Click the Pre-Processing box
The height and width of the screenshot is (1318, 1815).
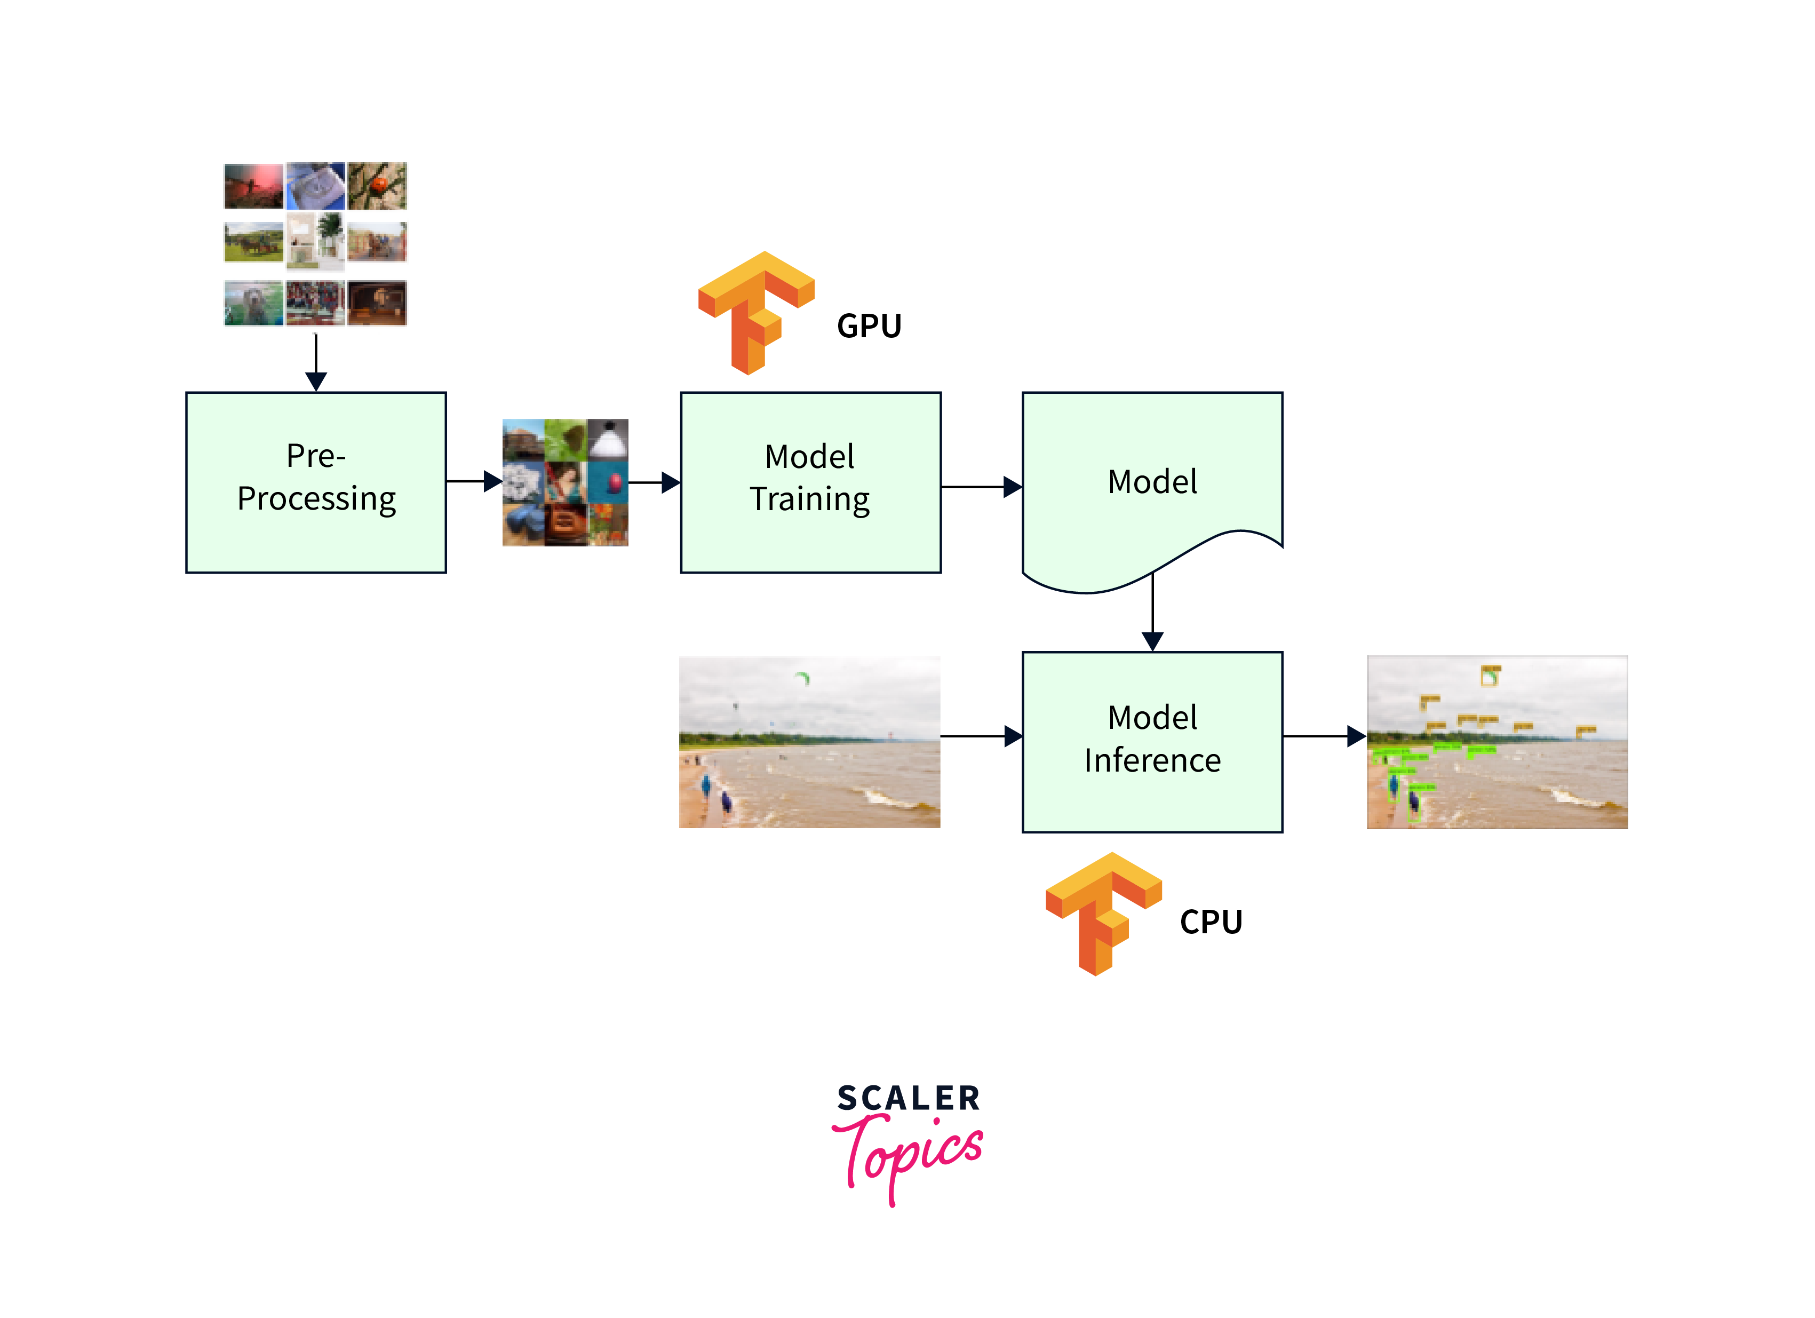click(316, 482)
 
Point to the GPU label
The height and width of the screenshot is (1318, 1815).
click(869, 327)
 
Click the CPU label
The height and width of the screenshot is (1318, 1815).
click(1211, 922)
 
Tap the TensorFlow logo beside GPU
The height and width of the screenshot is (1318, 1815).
click(757, 312)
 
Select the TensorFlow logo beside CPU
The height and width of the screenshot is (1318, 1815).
click(1103, 913)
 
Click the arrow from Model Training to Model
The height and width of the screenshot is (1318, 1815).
click(981, 487)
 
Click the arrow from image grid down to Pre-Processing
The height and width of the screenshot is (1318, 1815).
click(316, 362)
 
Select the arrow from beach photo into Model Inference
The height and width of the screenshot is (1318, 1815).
click(981, 736)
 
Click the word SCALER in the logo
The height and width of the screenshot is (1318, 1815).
click(908, 1099)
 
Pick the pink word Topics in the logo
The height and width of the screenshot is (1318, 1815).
click(908, 1153)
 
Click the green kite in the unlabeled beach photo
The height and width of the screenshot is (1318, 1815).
click(802, 679)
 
